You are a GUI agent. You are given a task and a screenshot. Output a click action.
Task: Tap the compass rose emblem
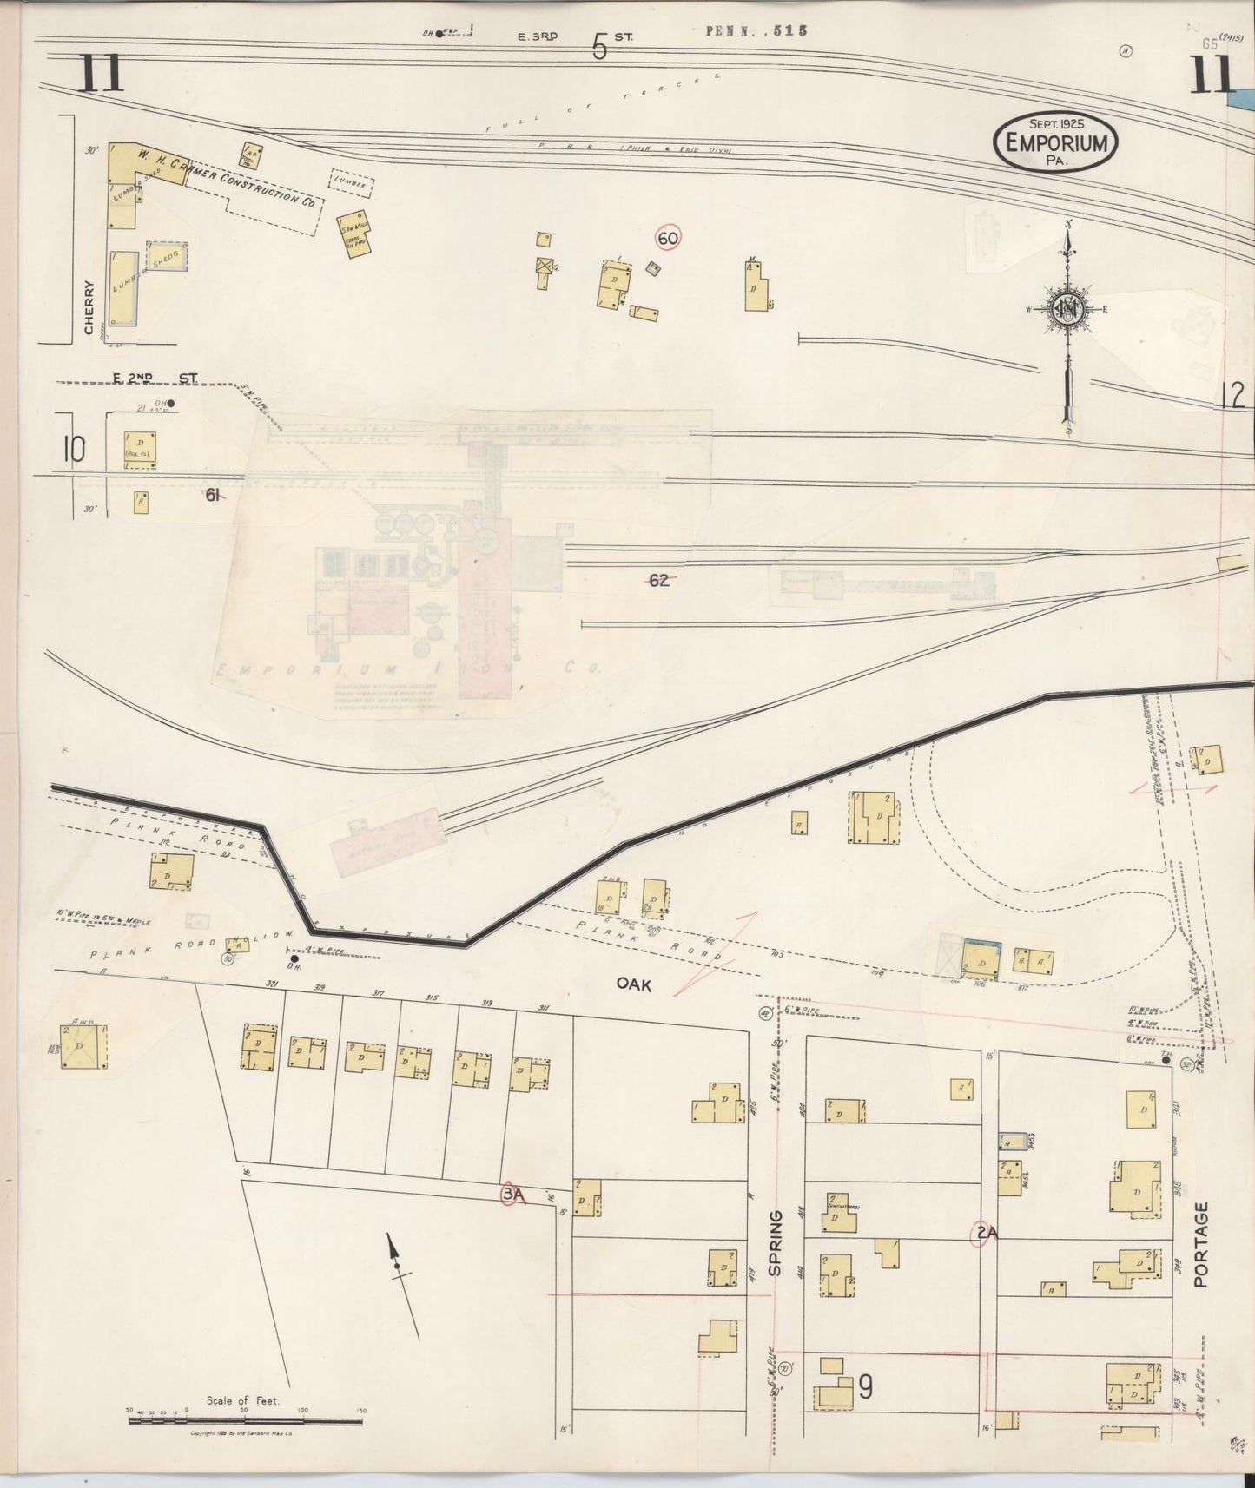tap(1067, 308)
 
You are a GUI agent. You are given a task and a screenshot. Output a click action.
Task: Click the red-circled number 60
tap(668, 238)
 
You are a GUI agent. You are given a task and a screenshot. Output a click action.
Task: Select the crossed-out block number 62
tap(659, 581)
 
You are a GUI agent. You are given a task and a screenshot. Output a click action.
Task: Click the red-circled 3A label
tap(513, 1195)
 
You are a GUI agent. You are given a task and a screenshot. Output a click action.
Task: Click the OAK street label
tap(635, 984)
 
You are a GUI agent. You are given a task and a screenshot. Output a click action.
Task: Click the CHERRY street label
tap(89, 306)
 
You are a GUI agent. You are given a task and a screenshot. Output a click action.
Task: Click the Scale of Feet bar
tap(245, 1421)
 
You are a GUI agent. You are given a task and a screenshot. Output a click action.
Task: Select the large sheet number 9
tap(864, 1387)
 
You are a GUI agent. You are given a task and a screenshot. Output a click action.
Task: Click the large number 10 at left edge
tap(74, 449)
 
